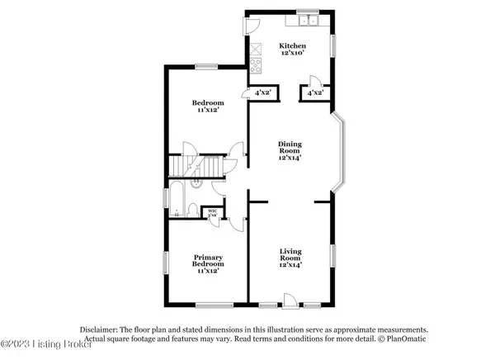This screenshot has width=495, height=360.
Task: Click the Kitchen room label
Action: [292, 46]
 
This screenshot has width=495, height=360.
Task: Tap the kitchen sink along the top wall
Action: [309, 21]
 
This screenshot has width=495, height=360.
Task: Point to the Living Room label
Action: [290, 254]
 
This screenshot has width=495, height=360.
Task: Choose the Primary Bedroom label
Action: [207, 262]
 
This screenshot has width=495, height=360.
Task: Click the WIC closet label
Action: [212, 211]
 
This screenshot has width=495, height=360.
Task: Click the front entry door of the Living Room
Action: [290, 299]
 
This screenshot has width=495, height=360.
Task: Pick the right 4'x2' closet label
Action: [314, 94]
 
